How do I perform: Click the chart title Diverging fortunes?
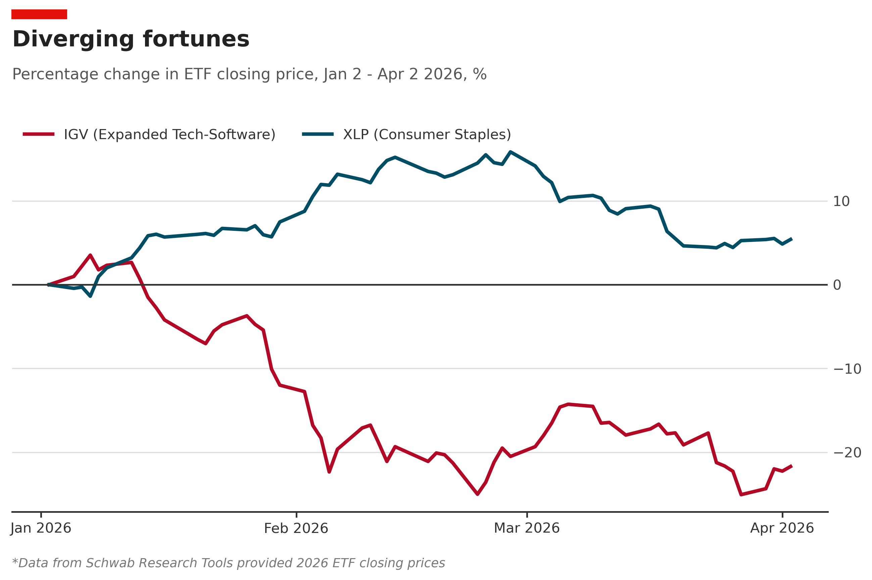click(131, 39)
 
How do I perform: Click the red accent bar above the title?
click(39, 14)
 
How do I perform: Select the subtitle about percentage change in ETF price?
click(249, 74)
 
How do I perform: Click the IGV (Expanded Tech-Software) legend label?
click(169, 135)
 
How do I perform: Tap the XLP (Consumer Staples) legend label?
click(427, 135)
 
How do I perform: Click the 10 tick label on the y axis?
click(841, 202)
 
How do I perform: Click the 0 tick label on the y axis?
click(837, 285)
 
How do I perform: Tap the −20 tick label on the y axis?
click(847, 452)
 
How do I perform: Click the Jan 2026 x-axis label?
click(41, 528)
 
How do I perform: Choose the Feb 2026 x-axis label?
click(296, 528)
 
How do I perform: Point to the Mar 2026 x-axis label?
click(527, 528)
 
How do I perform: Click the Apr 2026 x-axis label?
click(782, 528)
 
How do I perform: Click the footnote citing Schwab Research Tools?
click(228, 563)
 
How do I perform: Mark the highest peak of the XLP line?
click(510, 152)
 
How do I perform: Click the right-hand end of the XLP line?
click(792, 239)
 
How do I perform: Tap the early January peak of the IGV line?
click(90, 255)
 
